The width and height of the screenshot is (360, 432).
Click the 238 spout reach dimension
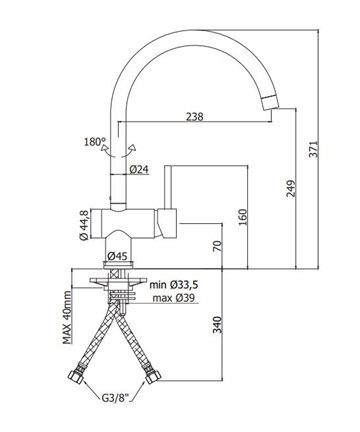coord(194,116)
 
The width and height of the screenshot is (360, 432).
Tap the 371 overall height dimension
coord(313,149)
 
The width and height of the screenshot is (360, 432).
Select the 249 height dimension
coord(291,189)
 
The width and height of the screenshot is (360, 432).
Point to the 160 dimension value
coord(243,217)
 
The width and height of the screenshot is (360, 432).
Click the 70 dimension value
coord(217,246)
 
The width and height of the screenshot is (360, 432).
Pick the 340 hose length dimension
coord(217,324)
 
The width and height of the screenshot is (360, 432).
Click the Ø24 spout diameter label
coord(139,170)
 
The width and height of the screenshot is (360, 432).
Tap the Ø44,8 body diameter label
coord(84,225)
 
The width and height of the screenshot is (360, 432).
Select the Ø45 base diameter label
coord(117,256)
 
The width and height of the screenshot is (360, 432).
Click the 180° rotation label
coord(95,142)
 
